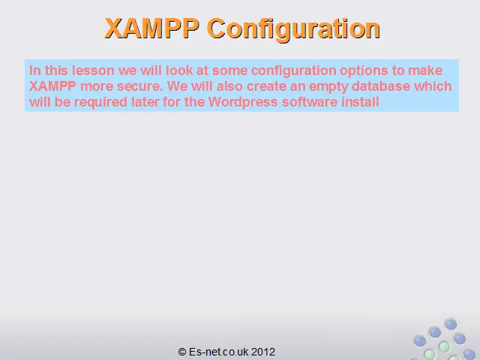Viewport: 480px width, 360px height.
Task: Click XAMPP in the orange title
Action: click(x=151, y=28)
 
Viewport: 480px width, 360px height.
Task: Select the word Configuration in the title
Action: click(x=293, y=30)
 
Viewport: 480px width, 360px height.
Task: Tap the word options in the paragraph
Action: click(x=364, y=71)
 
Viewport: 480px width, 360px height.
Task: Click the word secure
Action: click(x=139, y=87)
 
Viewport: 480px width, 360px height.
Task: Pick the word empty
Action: click(x=328, y=87)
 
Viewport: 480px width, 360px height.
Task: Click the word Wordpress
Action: click(x=243, y=102)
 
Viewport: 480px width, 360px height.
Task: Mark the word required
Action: click(x=100, y=103)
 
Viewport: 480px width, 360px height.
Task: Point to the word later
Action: click(x=145, y=102)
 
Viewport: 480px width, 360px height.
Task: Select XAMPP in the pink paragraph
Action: click(x=52, y=86)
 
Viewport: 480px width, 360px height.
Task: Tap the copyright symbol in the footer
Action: click(x=181, y=352)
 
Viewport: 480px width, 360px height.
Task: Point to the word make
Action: click(x=425, y=70)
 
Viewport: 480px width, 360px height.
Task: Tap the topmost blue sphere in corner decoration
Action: click(x=451, y=324)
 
